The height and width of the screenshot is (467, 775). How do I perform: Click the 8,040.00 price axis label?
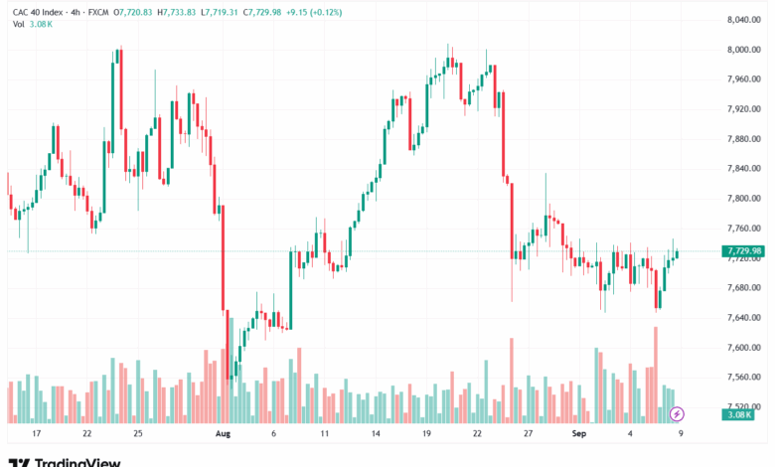click(742, 19)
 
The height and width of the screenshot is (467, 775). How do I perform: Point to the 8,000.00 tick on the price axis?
click(742, 49)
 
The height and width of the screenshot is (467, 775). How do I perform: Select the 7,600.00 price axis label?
click(742, 347)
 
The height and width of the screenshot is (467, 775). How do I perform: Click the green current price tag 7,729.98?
click(744, 250)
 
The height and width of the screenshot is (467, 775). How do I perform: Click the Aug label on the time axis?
click(223, 434)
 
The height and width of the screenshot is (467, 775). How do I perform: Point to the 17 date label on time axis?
click(37, 434)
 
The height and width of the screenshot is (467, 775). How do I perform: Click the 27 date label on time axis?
click(529, 434)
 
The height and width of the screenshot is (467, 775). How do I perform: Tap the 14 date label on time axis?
click(376, 434)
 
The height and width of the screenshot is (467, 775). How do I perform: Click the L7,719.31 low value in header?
click(220, 10)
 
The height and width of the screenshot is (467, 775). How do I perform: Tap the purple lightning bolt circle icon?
click(677, 413)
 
